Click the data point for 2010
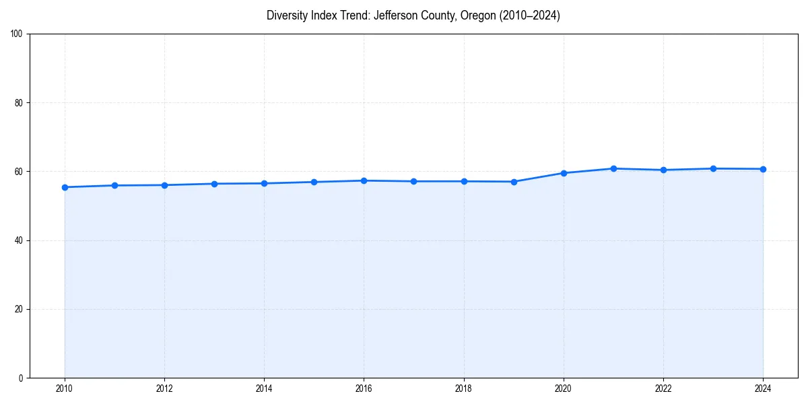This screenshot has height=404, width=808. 65,187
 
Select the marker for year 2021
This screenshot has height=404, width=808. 613,168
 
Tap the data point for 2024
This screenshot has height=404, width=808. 763,169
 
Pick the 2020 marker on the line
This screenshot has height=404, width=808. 564,173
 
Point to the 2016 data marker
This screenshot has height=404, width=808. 364,180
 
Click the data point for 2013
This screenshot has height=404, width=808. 214,184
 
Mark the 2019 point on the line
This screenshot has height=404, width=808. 514,182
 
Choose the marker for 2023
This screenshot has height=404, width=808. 713,168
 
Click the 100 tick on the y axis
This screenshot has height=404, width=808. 18,34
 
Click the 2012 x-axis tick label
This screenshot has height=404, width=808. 164,389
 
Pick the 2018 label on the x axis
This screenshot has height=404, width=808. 464,389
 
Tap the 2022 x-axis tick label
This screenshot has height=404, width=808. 663,389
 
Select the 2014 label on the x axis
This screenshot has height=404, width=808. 264,389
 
